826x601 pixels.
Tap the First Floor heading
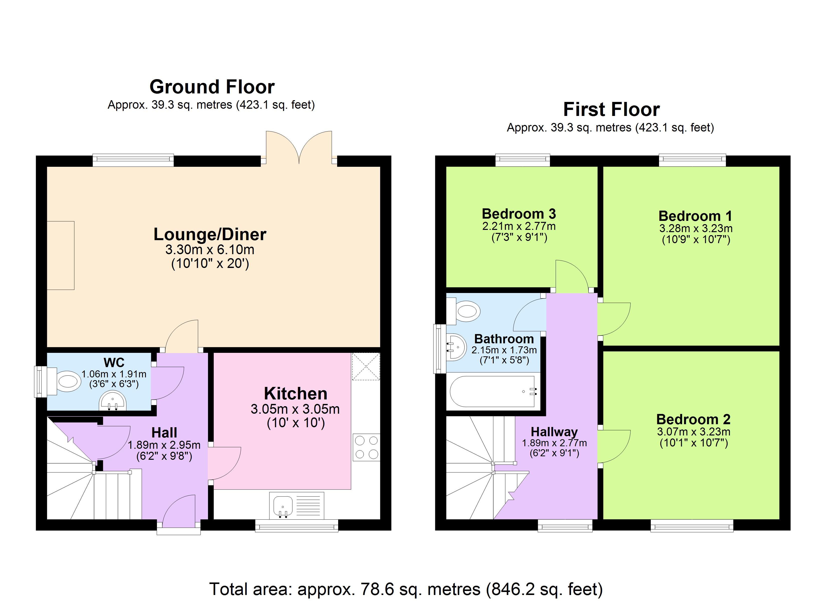point(611,109)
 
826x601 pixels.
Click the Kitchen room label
point(295,394)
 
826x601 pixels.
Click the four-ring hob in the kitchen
point(366,447)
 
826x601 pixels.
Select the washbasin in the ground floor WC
point(113,401)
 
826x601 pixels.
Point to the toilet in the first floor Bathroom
point(463,311)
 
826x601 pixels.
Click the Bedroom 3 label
point(519,214)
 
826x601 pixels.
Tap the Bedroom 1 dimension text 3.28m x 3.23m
point(696,229)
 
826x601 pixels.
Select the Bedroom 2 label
point(693,419)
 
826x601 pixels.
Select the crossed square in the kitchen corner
point(366,367)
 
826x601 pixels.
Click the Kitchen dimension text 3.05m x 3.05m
point(295,409)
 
